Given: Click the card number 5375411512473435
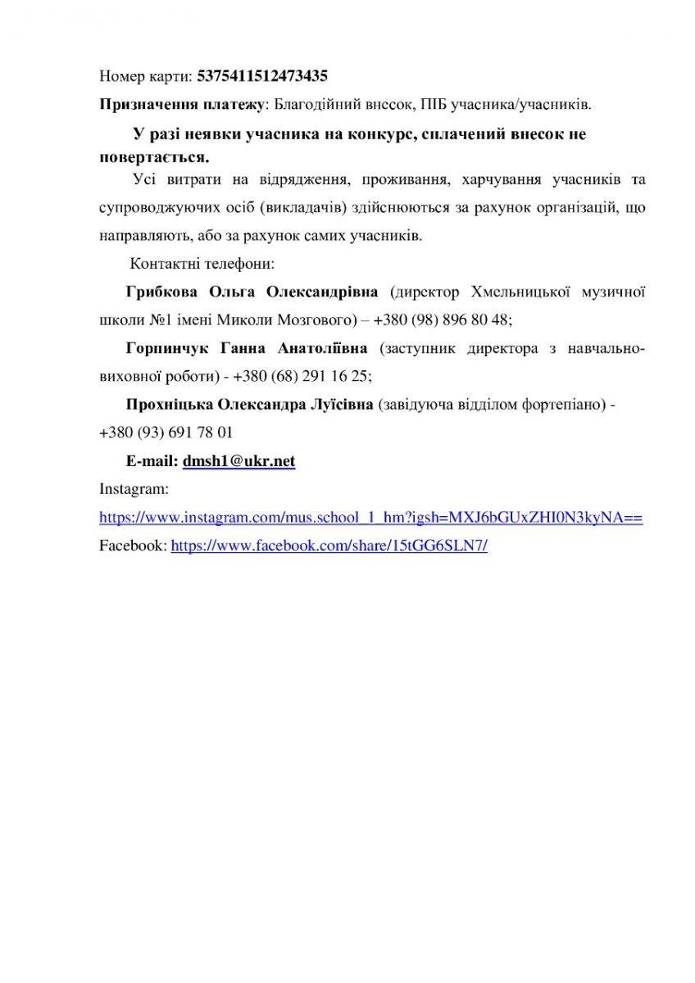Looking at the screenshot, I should point(262,77).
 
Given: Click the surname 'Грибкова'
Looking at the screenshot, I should point(164,292).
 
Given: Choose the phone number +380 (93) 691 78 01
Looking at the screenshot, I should point(166,433).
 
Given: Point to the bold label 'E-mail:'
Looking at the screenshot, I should point(152,462).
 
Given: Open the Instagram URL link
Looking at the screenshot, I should point(370,518).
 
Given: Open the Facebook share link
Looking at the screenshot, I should point(329,546).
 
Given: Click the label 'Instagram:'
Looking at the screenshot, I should point(134,490).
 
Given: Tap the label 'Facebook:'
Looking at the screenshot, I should point(133,546).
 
